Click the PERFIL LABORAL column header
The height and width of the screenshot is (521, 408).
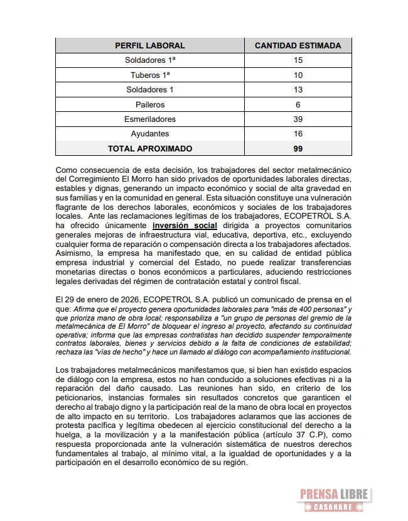(150, 45)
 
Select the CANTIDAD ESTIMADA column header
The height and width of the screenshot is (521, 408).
(298, 45)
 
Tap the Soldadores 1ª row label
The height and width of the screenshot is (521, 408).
(150, 60)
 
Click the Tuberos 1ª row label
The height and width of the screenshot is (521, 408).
(150, 75)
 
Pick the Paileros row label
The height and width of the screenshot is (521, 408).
(150, 104)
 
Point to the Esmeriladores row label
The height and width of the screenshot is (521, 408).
(150, 119)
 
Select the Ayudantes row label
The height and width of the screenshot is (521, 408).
(150, 134)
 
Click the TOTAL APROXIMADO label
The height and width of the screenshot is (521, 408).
(150, 149)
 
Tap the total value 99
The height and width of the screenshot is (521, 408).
(298, 149)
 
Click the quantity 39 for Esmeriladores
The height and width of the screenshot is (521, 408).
(298, 119)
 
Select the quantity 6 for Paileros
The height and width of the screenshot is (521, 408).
(298, 104)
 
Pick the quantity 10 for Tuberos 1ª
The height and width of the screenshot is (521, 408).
(298, 75)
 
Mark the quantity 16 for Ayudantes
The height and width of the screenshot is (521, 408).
(298, 134)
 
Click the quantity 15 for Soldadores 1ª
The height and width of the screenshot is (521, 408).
(298, 60)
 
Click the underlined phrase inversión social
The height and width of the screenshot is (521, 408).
(185, 225)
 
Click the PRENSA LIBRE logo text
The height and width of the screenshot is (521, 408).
(334, 495)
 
